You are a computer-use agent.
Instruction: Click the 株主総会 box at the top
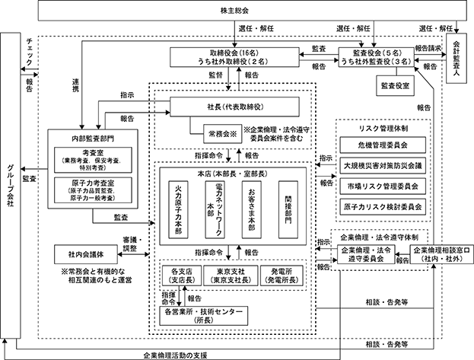tap(235, 11)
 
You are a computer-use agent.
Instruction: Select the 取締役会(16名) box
tap(234, 57)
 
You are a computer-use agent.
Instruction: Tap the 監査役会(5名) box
tap(376, 57)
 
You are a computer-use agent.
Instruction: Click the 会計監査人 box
tap(457, 58)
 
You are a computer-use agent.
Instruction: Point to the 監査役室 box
tap(395, 85)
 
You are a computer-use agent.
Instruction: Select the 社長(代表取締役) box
tap(234, 107)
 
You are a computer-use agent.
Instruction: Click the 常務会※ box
tap(222, 134)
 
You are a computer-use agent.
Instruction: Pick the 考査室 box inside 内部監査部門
tap(93, 160)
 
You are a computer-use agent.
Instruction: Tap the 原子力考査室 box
tap(93, 190)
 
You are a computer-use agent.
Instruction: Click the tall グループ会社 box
tap(11, 186)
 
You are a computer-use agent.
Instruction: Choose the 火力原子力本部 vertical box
tap(178, 209)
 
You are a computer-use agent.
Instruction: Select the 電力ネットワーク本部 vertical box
tap(215, 209)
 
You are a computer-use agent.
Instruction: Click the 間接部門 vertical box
tap(288, 209)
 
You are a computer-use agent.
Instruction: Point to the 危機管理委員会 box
tap(383, 145)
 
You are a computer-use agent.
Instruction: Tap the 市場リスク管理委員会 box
tap(383, 186)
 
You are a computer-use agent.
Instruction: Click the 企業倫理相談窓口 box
tap(441, 254)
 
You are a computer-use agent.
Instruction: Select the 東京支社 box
tap(231, 276)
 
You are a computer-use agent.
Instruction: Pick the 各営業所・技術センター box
tap(203, 316)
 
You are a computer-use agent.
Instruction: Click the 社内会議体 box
tap(86, 254)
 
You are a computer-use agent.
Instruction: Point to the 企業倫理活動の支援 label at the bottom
tap(175, 355)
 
